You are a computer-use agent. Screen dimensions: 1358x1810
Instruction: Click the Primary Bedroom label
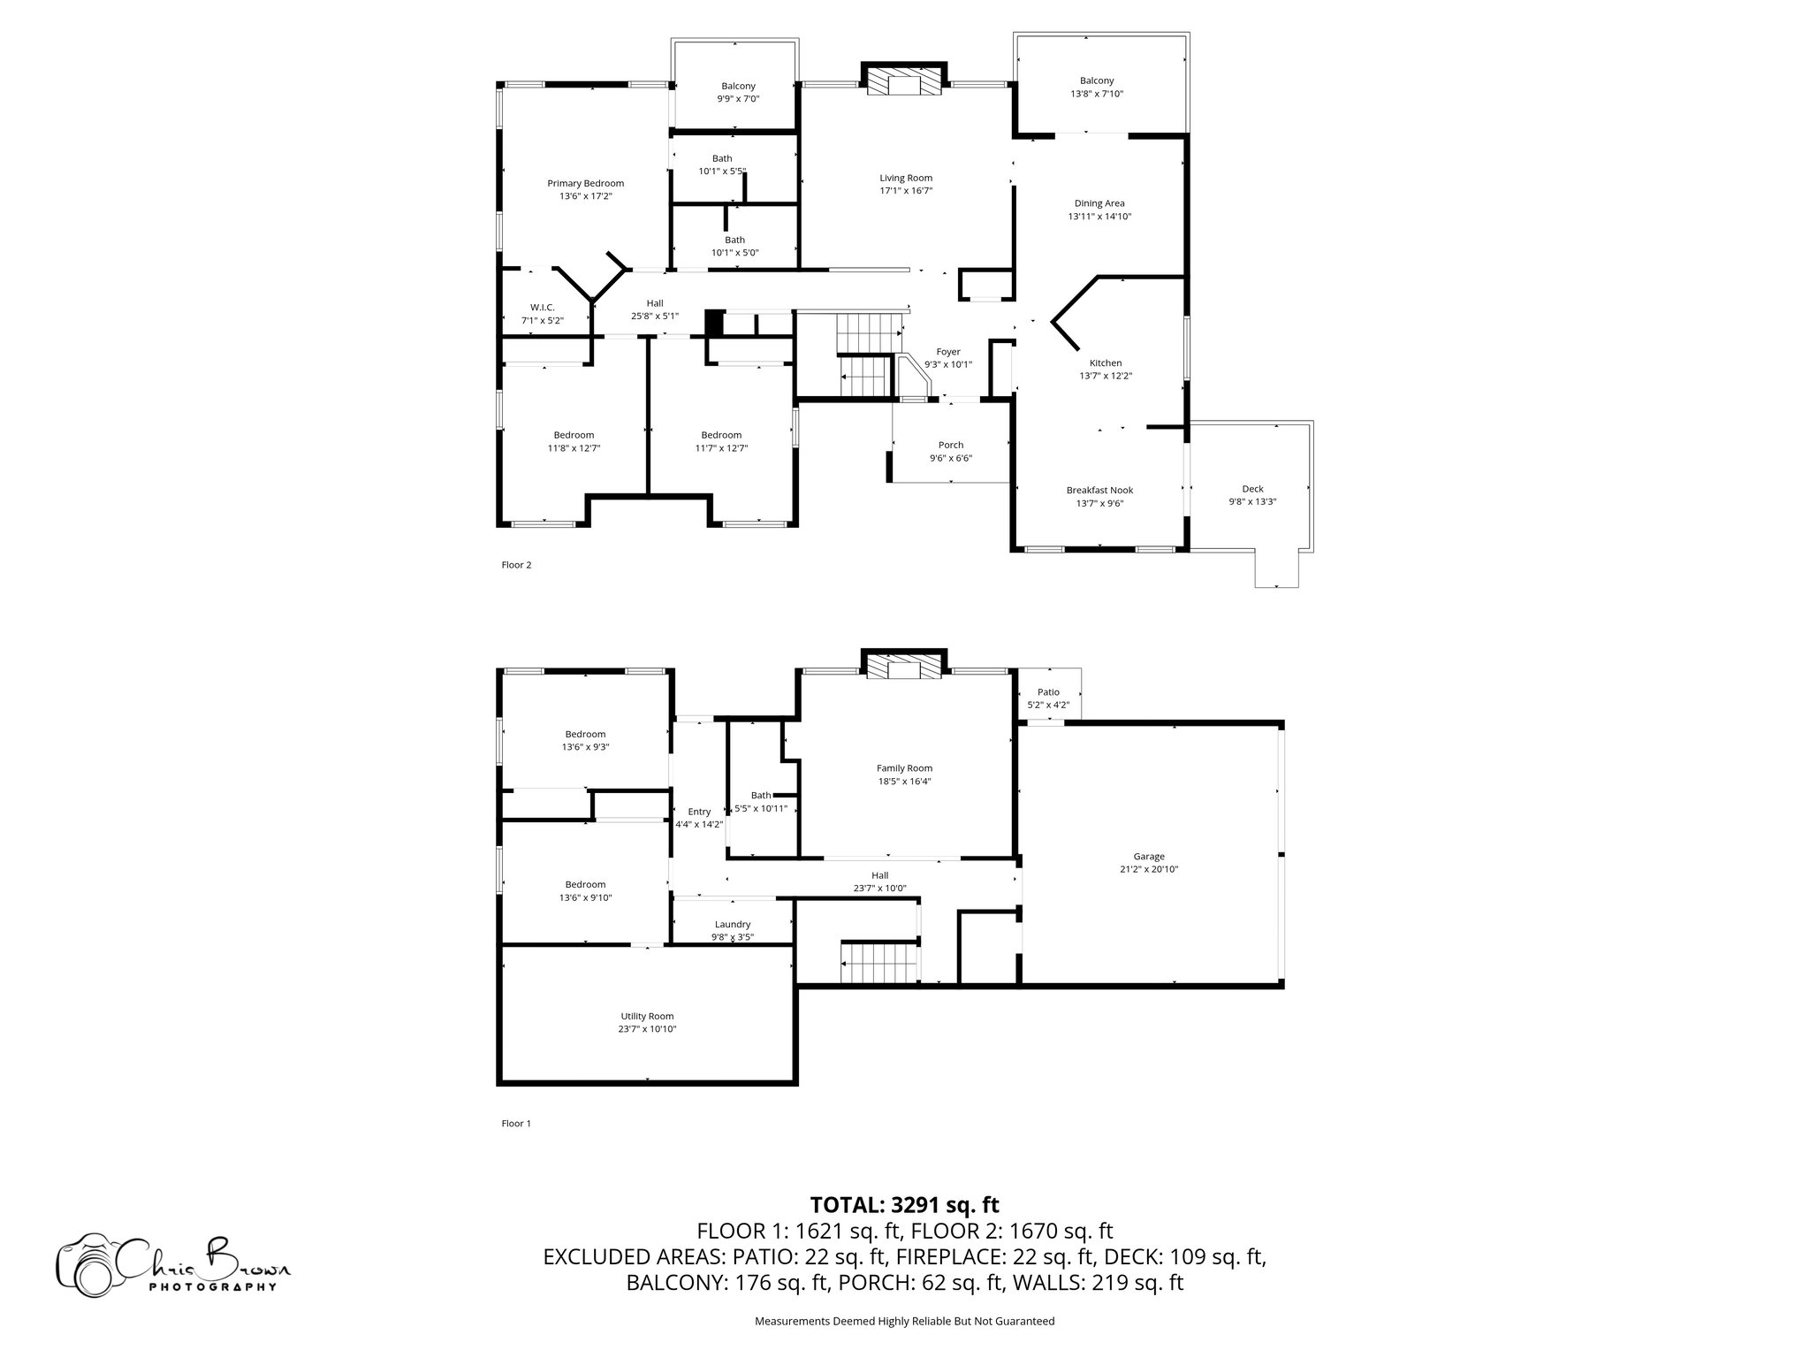click(585, 184)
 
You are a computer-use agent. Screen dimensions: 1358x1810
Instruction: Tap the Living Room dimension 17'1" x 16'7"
click(906, 191)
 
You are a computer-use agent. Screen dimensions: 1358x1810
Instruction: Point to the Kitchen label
click(1105, 363)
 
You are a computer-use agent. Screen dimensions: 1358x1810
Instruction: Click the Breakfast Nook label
click(1099, 491)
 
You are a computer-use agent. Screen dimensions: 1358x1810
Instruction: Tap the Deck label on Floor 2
click(1252, 489)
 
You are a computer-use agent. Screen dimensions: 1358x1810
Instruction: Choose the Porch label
click(951, 446)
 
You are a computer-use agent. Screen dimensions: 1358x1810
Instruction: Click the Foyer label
click(948, 352)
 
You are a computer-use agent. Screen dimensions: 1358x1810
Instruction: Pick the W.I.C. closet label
click(543, 308)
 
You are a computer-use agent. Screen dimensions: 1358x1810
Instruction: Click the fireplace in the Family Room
click(904, 668)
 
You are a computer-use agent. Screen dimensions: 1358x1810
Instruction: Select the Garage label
click(1149, 856)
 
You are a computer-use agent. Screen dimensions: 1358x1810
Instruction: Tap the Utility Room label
click(647, 1016)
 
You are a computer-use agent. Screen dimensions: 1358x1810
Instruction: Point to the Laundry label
click(733, 925)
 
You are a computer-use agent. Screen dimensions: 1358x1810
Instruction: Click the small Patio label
click(1048, 692)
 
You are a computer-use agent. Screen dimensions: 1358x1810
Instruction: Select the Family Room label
click(904, 768)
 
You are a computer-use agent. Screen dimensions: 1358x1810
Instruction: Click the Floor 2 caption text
click(516, 565)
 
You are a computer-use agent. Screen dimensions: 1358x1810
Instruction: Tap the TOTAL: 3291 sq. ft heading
click(904, 1204)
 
